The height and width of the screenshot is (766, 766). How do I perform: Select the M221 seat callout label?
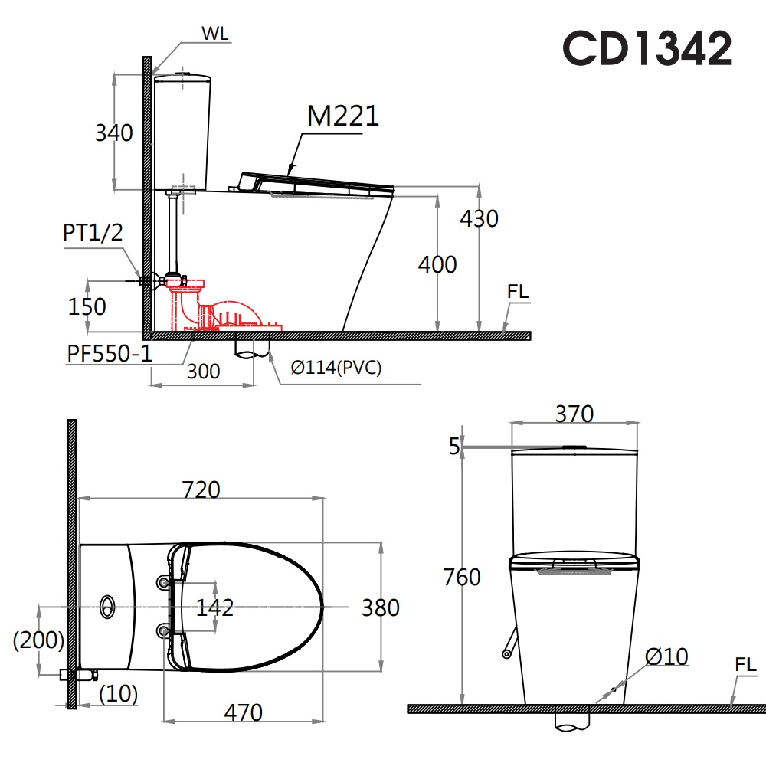342,116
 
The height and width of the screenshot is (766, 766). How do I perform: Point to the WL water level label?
215,34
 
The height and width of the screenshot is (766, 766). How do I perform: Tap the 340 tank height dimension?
113,133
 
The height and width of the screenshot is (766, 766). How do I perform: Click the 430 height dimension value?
479,218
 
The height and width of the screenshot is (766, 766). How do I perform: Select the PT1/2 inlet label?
93,233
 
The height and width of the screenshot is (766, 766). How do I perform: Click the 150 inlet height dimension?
87,306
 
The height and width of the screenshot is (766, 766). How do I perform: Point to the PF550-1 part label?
109,354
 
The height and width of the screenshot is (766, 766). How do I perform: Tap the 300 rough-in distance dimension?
203,372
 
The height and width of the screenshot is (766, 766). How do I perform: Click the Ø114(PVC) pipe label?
336,368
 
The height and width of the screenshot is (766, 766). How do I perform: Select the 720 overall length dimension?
200,489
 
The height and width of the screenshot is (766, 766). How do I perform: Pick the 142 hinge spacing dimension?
214,607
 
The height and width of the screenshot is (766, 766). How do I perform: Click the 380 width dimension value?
381,607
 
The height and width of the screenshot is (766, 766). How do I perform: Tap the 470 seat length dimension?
243,712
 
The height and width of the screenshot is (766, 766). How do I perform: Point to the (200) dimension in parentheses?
38,640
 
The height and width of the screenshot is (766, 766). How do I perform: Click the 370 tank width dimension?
574,414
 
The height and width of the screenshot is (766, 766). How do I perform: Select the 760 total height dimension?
461,577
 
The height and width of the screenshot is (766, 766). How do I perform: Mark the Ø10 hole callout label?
666,656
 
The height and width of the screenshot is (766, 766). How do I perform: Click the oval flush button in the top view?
107,607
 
